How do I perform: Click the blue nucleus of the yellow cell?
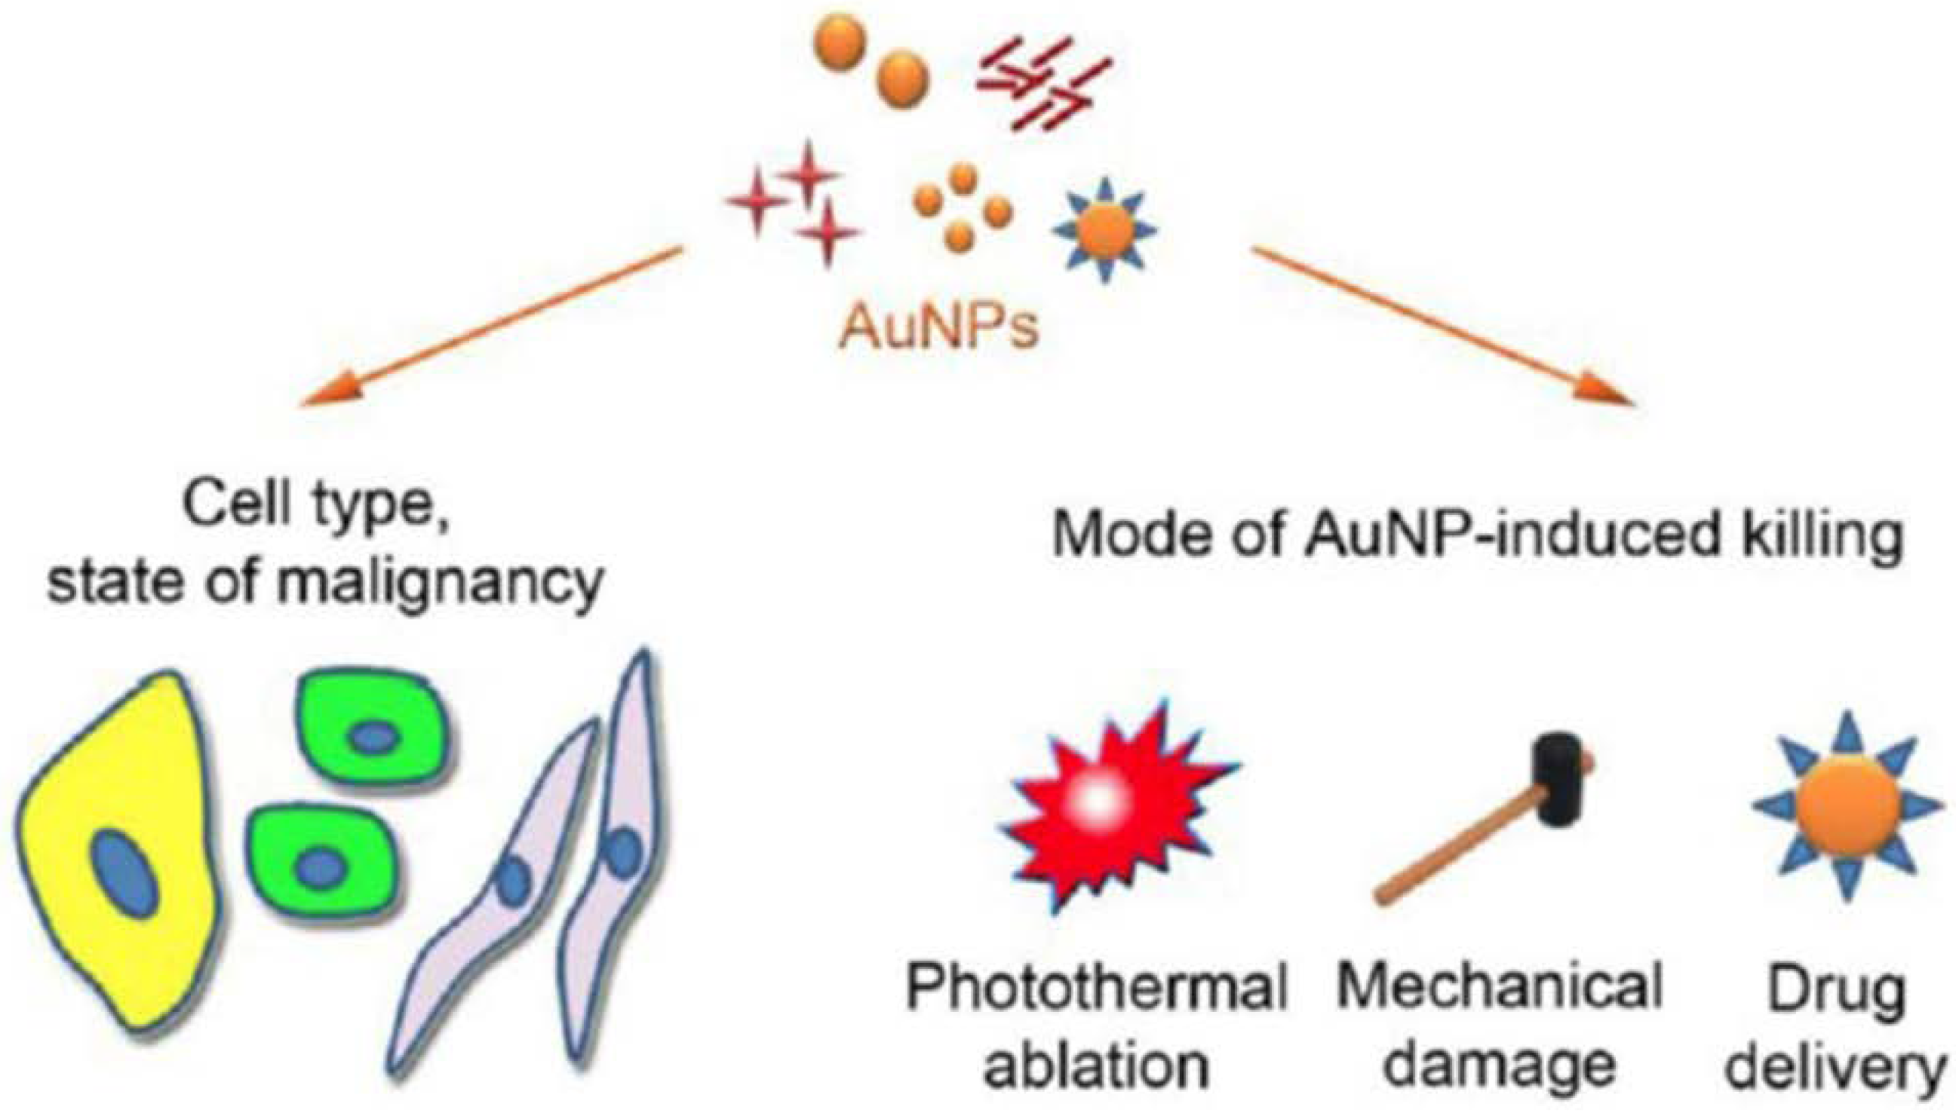[124, 874]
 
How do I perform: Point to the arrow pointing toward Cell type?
[491, 326]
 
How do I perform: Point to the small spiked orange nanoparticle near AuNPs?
[1104, 228]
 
